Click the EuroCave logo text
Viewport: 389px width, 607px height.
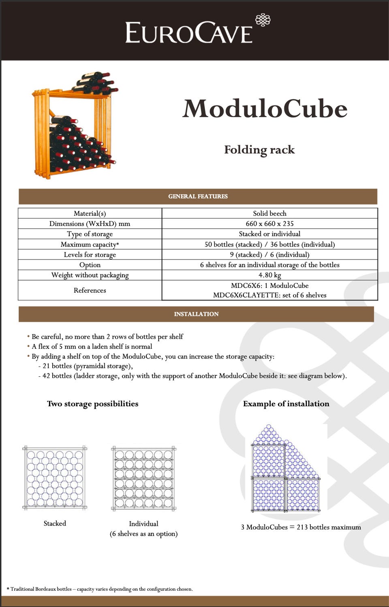click(189, 33)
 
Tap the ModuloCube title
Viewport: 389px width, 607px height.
click(265, 109)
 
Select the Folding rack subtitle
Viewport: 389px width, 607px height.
click(259, 150)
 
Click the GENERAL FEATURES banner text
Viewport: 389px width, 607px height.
click(198, 196)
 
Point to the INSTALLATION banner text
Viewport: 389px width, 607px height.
click(196, 314)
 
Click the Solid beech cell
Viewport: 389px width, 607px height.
click(269, 213)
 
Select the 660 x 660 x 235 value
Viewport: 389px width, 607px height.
click(269, 223)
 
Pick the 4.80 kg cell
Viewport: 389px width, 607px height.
click(269, 275)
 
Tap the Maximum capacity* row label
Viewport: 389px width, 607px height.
click(90, 245)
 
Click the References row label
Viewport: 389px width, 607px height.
click(90, 290)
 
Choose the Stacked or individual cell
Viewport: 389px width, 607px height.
click(269, 234)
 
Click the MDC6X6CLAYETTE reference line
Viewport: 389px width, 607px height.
click(269, 295)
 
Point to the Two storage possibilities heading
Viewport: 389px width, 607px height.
click(92, 404)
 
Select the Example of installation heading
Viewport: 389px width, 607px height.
click(286, 404)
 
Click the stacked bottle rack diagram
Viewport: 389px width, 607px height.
click(55, 478)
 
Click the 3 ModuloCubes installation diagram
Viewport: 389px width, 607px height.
click(286, 468)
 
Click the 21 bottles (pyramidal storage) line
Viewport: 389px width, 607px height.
click(88, 366)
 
